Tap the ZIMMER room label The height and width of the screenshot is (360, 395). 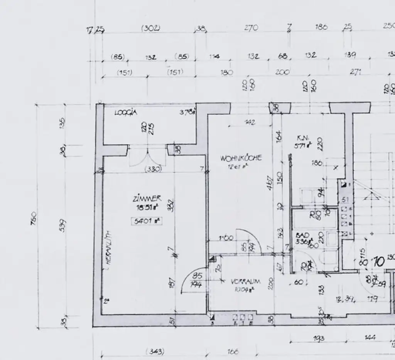coord(147,199)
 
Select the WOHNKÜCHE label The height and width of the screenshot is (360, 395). coord(241,158)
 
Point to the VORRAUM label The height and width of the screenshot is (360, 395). coord(246,282)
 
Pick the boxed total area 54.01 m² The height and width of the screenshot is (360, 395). coord(146,221)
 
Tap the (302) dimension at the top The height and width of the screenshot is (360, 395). coord(150,28)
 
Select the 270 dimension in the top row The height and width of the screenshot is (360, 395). coord(251,28)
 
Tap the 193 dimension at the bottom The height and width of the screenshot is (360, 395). coord(319,338)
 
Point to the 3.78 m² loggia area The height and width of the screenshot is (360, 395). coord(188,113)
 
